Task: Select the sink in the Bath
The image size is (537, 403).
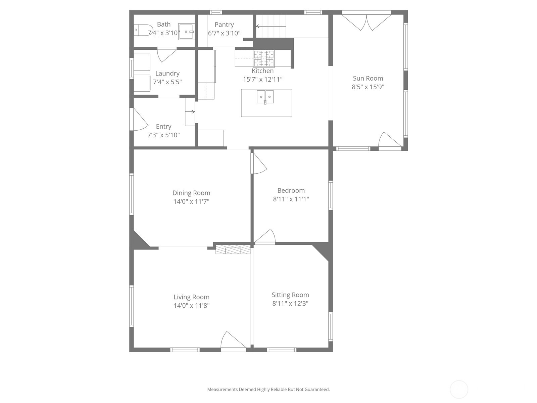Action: tap(186, 32)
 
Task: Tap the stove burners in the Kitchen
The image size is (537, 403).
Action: tap(264, 59)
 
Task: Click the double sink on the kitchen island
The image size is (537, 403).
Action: tap(265, 97)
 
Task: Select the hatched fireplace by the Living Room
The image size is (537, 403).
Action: tap(233, 250)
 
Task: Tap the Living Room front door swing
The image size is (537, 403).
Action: tap(233, 341)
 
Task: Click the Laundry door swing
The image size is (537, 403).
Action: tap(166, 55)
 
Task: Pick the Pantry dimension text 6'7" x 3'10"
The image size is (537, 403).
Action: tap(224, 33)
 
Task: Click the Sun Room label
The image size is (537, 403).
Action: tap(368, 78)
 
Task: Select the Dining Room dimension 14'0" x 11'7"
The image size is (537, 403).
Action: tap(191, 201)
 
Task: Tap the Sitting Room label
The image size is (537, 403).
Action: tap(290, 295)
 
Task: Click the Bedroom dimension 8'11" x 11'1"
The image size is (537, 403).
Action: tap(291, 199)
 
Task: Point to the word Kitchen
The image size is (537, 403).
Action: tap(262, 71)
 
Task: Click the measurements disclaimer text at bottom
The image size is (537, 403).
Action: tap(268, 390)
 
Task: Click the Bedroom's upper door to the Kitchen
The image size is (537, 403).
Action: tap(259, 164)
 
